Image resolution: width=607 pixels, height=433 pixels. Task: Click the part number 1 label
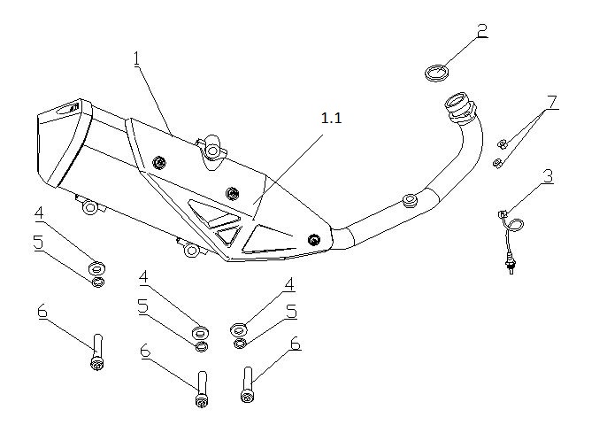[137, 58]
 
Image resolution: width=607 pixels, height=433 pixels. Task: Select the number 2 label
[481, 30]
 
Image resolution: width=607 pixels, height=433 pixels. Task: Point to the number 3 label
[548, 176]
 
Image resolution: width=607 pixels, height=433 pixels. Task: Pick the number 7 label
[552, 102]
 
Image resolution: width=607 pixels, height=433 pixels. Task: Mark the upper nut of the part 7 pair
[502, 143]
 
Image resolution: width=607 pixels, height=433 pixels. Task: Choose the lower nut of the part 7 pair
[498, 161]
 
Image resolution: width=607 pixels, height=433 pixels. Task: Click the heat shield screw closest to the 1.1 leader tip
[233, 193]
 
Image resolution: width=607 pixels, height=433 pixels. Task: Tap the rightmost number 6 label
[296, 344]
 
